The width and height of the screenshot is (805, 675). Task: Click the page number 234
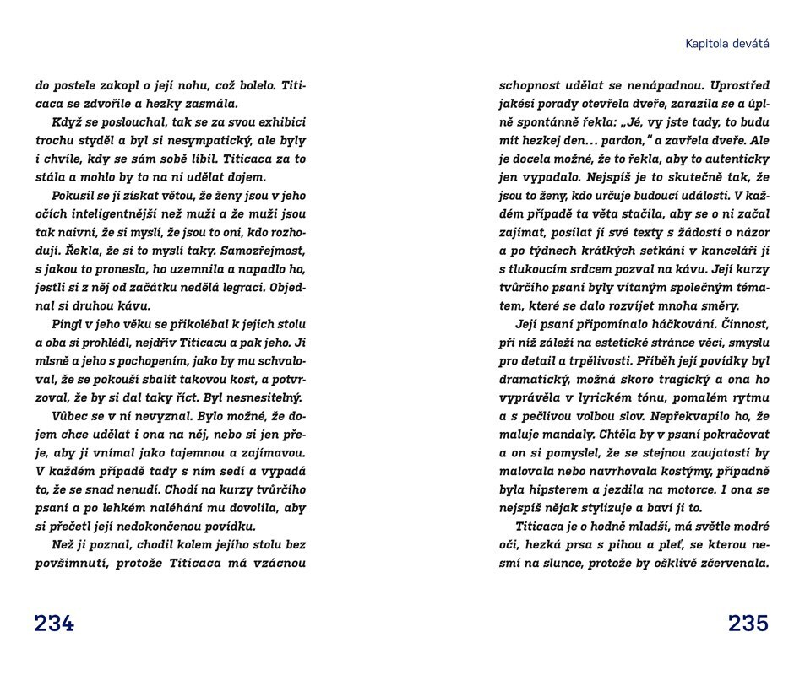54,624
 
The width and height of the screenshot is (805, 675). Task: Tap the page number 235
748,624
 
